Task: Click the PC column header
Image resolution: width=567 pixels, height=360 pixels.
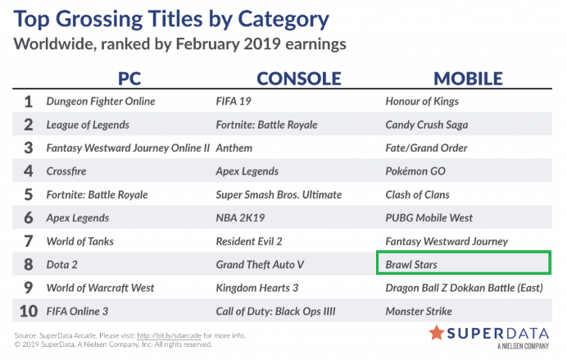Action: coord(129,79)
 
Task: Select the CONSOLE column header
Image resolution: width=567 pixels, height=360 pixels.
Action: coord(299,79)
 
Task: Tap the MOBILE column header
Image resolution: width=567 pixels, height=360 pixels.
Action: coord(469,79)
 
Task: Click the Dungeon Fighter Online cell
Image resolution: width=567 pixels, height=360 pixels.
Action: coord(101,102)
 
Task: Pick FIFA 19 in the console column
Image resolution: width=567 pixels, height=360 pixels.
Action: coord(234,102)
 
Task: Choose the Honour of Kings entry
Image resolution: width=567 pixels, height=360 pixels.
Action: coord(422,102)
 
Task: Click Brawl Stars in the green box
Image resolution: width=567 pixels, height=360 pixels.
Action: coord(411,265)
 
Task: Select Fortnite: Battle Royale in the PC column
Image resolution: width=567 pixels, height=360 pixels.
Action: coord(97,194)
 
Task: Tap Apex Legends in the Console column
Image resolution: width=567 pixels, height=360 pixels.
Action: coord(247,171)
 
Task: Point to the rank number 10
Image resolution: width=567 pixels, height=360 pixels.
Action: coord(29,311)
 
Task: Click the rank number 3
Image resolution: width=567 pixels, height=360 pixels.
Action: coord(29,148)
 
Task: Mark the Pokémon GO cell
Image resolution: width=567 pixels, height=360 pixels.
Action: coord(415,171)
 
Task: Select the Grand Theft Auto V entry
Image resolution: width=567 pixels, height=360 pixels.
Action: coord(260,265)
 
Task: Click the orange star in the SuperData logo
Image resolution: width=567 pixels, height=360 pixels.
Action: coord(437,332)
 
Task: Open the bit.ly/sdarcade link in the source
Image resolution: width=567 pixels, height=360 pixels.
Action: coord(170,335)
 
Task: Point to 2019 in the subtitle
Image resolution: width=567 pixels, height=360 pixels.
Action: coord(262,44)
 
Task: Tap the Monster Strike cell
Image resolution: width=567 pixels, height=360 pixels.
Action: coord(419,311)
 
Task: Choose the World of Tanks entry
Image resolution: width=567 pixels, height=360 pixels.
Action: coord(80,241)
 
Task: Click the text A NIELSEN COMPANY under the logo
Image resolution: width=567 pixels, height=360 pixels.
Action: coord(523,346)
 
